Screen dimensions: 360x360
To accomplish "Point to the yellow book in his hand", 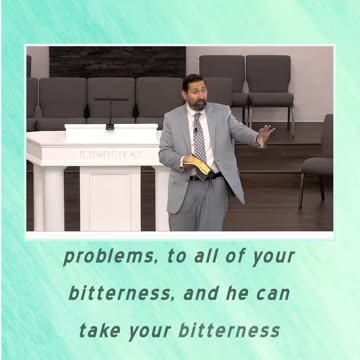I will [x=201, y=168].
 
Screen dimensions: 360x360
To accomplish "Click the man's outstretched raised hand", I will [x=264, y=132].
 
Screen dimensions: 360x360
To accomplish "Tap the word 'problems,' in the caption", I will [x=102, y=257].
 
